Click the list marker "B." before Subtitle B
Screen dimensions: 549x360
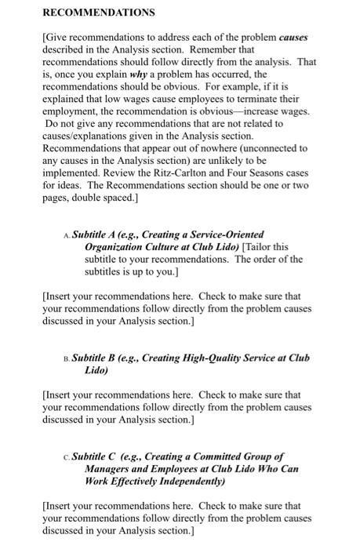coord(66,358)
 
